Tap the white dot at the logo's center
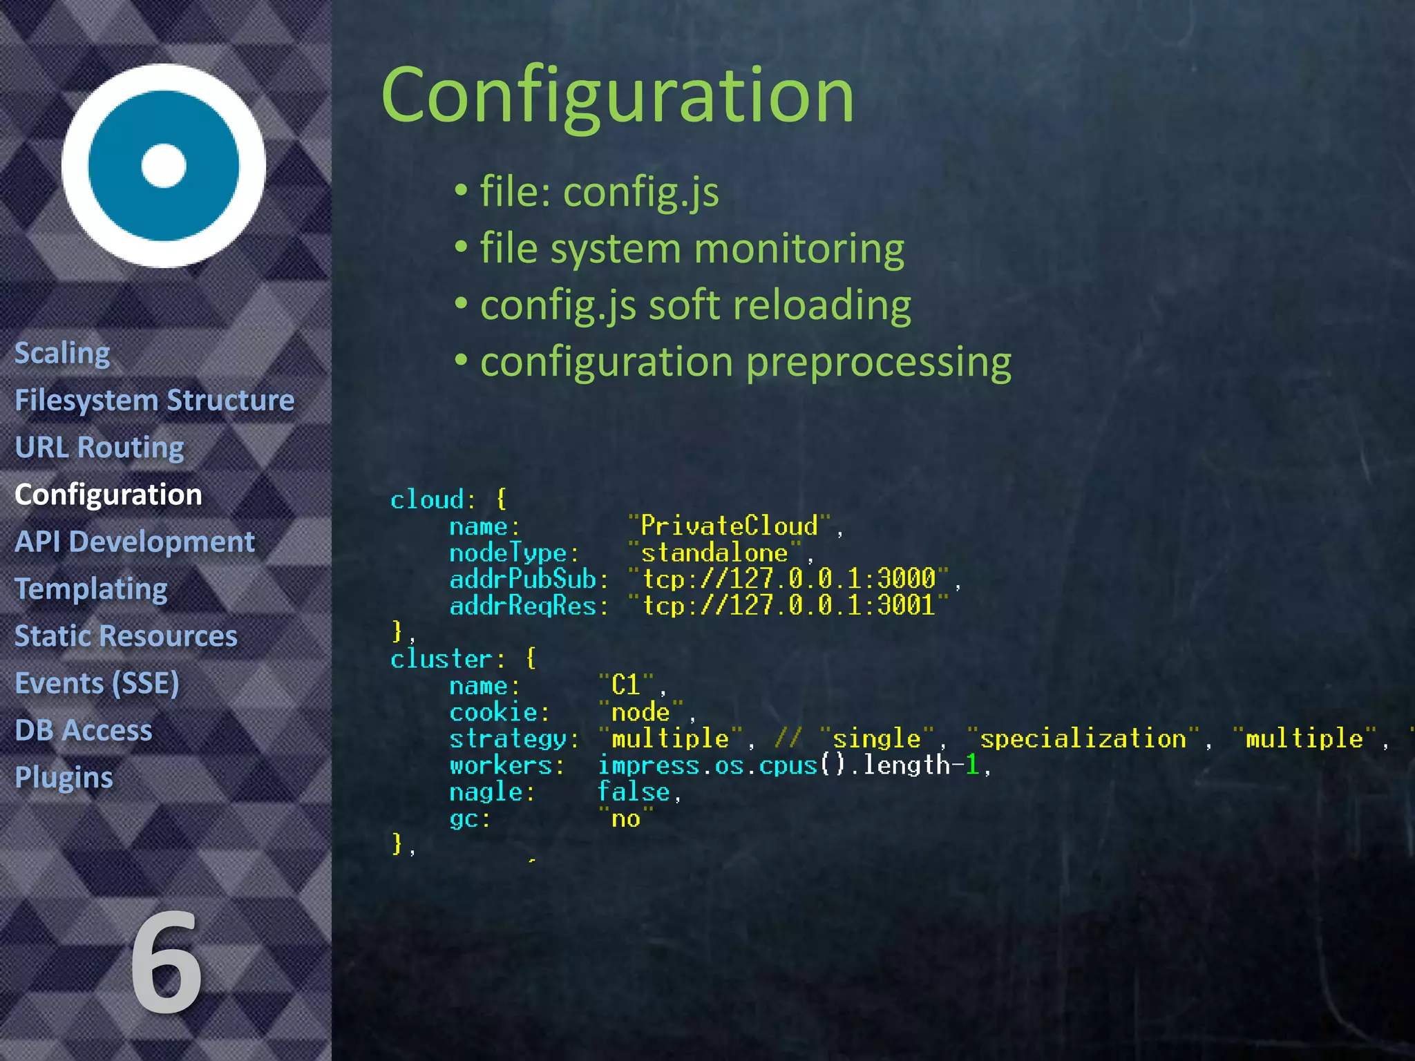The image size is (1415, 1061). pyautogui.click(x=164, y=166)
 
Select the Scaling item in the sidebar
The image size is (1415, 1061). pyautogui.click(x=62, y=354)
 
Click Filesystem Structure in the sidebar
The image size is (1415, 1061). pyautogui.click(x=155, y=401)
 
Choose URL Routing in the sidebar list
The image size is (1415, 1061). pyautogui.click(x=99, y=448)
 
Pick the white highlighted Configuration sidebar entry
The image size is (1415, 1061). pyautogui.click(x=108, y=495)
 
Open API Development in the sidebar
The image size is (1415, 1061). pyautogui.click(x=135, y=542)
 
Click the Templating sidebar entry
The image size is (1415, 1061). pyautogui.click(x=91, y=589)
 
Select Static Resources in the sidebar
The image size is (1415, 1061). pyautogui.click(x=126, y=636)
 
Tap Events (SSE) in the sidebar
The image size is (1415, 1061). pyautogui.click(x=97, y=683)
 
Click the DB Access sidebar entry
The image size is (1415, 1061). pyautogui.click(x=84, y=730)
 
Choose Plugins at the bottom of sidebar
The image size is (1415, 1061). pyautogui.click(x=64, y=778)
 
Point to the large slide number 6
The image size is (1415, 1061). pyautogui.click(x=166, y=964)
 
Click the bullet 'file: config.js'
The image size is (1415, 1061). pyautogui.click(x=598, y=191)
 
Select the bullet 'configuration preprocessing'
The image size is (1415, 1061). pyautogui.click(x=745, y=362)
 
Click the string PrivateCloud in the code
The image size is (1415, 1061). pyautogui.click(x=728, y=526)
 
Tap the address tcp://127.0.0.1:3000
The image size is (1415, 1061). pyautogui.click(x=788, y=579)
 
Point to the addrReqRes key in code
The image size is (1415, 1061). pyautogui.click(x=523, y=606)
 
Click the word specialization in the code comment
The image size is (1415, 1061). pyautogui.click(x=1082, y=739)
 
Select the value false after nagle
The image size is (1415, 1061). pyautogui.click(x=633, y=792)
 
